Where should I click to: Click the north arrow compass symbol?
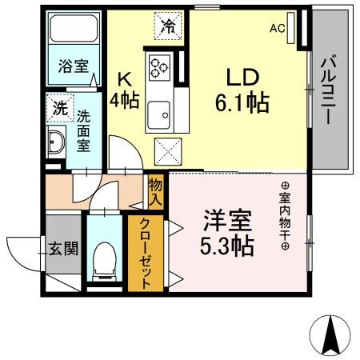click(x=330, y=335)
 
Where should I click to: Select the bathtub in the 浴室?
click(x=73, y=32)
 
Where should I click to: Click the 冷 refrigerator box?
click(x=168, y=27)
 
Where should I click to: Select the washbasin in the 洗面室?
click(x=56, y=144)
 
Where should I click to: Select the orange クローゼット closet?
click(x=146, y=253)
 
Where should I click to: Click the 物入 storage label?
click(x=156, y=193)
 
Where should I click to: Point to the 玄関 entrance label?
click(x=62, y=249)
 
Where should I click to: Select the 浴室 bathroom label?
click(x=73, y=67)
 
